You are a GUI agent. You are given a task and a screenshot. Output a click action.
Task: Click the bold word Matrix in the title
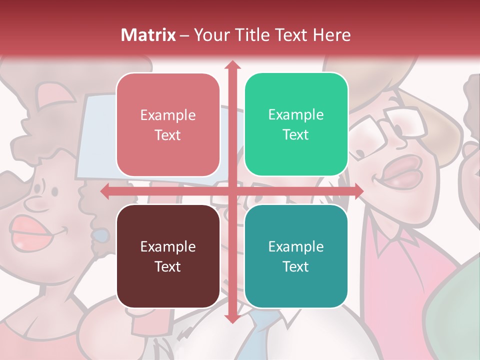[148, 35]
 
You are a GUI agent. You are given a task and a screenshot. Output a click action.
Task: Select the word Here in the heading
[331, 35]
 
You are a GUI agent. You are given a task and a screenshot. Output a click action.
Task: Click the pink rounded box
[168, 124]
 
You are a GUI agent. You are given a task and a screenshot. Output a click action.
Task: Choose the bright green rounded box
[296, 124]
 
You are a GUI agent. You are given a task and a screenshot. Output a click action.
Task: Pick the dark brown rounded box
[168, 256]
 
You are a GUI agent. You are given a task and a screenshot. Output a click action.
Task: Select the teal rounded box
[296, 256]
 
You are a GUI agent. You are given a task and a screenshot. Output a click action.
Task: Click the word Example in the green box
[296, 114]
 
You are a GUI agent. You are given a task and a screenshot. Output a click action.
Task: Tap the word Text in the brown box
[167, 266]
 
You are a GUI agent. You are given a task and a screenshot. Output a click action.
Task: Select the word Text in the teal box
[295, 266]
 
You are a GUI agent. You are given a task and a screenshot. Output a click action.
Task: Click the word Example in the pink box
[168, 115]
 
